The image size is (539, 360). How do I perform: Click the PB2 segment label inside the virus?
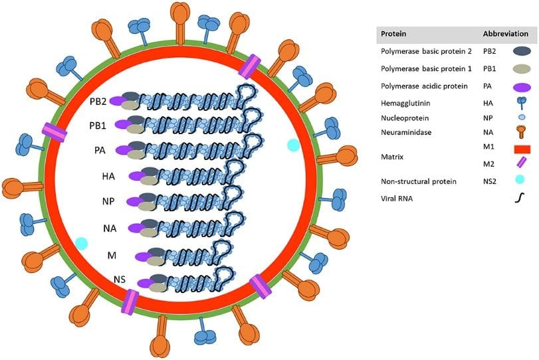pyautogui.click(x=97, y=102)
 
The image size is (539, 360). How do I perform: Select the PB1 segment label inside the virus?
pyautogui.click(x=97, y=126)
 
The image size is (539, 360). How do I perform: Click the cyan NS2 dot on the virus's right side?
pyautogui.click(x=292, y=145)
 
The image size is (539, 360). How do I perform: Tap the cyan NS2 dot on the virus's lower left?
pyautogui.click(x=81, y=244)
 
